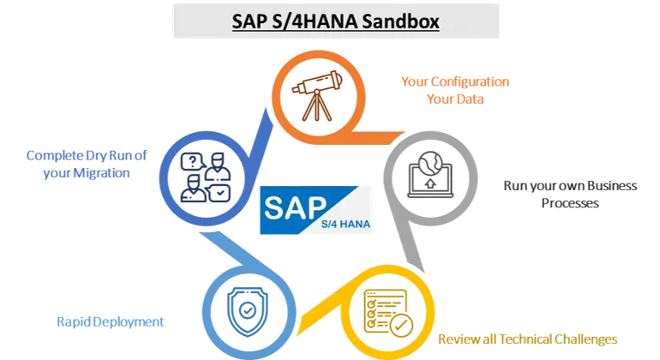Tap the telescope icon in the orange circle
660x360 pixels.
coord(317,96)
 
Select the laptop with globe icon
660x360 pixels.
coord(430,175)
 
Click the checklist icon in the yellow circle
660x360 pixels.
coord(388,313)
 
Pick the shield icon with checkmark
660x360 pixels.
coord(248,312)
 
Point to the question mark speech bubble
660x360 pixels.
coord(193,162)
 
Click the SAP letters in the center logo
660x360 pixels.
coord(296,207)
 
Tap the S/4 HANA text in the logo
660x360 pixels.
coord(345,224)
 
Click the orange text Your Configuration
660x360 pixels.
coord(455,81)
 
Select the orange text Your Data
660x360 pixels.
coord(455,99)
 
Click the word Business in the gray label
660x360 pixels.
coord(612,186)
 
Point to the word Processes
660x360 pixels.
coord(570,203)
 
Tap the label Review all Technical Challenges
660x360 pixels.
coord(528,339)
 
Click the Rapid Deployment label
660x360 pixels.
coord(111,322)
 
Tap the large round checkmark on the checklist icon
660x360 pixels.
coord(401,326)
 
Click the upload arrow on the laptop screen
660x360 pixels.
coord(430,183)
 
